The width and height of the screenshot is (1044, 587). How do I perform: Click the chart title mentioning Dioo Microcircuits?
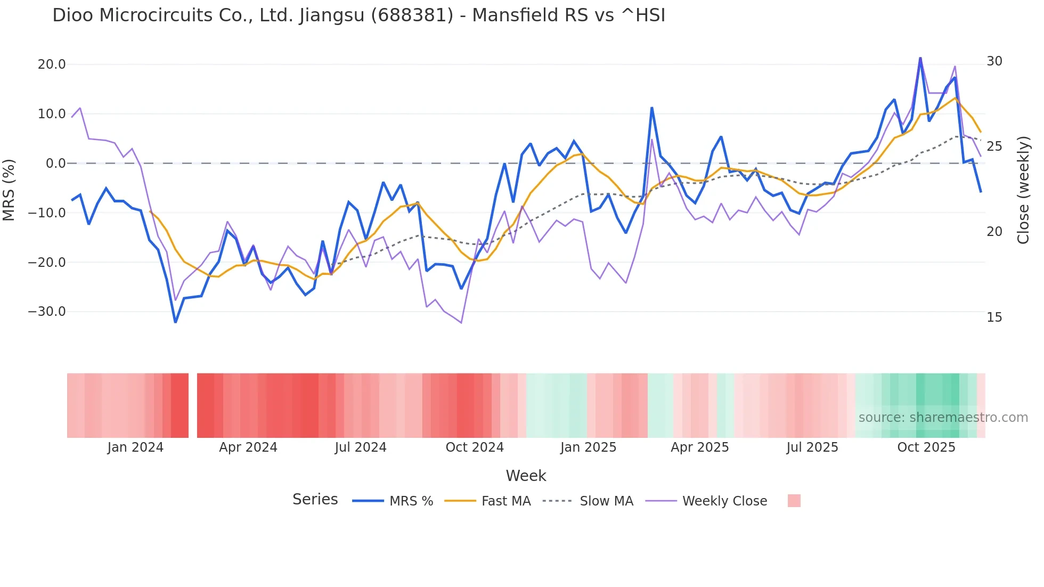[x=358, y=15]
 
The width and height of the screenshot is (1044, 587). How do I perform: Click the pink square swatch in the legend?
[x=794, y=501]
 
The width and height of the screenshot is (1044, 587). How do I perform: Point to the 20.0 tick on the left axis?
[x=52, y=64]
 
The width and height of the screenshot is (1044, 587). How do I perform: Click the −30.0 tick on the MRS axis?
[x=47, y=312]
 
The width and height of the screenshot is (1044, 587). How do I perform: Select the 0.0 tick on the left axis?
[x=55, y=164]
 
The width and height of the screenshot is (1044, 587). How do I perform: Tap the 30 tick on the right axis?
[x=994, y=61]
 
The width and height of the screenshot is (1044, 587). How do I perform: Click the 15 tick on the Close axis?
[x=994, y=317]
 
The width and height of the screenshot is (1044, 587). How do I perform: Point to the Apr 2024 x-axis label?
[x=248, y=447]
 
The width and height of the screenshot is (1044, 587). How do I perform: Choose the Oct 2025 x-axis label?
[x=926, y=447]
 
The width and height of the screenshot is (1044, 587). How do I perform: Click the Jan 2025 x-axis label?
[x=588, y=447]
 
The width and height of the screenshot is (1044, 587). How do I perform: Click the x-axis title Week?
[x=526, y=476]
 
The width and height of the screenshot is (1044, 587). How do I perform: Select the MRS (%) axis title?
[x=9, y=190]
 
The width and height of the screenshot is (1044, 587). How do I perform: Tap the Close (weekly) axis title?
[x=1023, y=190]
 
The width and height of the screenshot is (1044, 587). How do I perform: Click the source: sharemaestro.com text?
[x=943, y=418]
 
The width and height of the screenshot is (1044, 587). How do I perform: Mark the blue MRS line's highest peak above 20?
[x=920, y=58]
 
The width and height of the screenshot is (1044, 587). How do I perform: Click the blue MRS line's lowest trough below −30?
[x=175, y=322]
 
